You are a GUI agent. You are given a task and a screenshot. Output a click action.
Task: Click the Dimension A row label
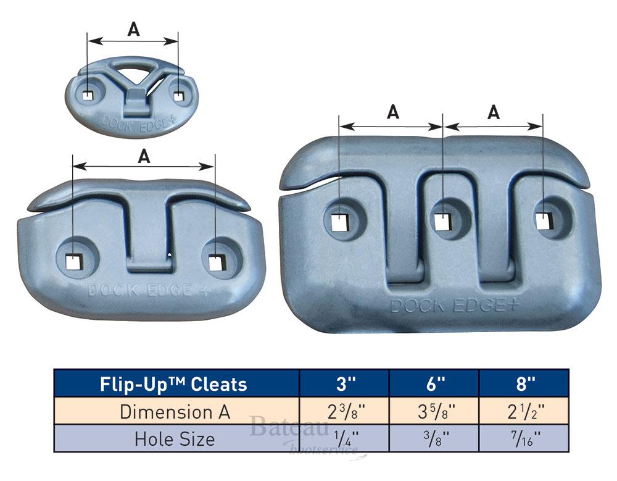click(175, 412)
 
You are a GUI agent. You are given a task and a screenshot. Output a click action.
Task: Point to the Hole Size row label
click(175, 439)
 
